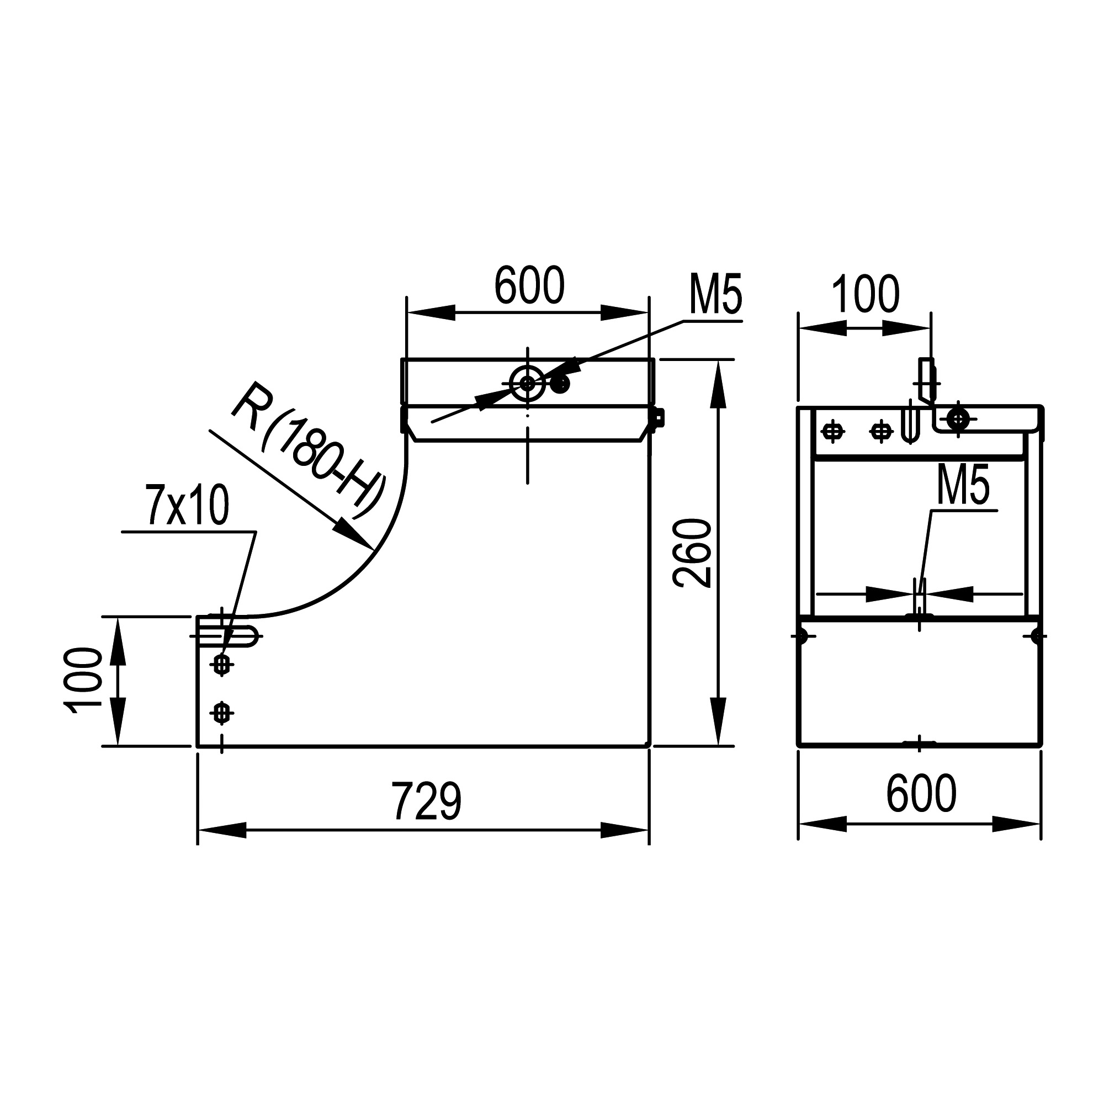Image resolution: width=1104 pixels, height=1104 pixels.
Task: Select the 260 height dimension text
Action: (692, 554)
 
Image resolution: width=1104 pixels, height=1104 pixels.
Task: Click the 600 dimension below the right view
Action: (921, 793)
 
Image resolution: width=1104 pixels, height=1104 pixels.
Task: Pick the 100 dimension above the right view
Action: (866, 294)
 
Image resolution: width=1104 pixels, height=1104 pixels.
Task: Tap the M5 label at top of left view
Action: (716, 295)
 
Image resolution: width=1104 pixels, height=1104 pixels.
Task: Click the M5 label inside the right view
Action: (963, 485)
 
